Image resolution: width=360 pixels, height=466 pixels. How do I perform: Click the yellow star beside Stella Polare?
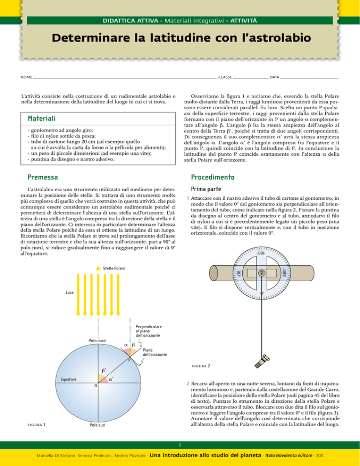(97, 268)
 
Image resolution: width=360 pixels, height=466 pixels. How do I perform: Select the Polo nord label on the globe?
(98, 341)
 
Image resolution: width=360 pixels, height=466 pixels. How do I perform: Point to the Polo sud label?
(98, 425)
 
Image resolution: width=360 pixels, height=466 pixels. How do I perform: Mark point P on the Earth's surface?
(129, 360)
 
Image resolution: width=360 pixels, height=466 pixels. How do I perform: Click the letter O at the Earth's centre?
(95, 385)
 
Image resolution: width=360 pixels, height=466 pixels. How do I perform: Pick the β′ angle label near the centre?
(103, 370)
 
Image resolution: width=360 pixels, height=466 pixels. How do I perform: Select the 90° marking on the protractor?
(237, 272)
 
